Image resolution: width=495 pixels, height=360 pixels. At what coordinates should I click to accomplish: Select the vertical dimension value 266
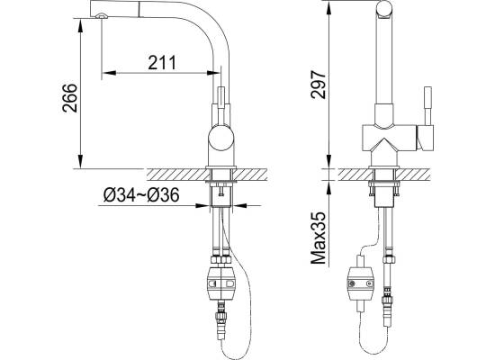pyautogui.click(x=70, y=98)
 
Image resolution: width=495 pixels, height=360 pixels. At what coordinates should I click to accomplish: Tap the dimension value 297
pyautogui.click(x=318, y=85)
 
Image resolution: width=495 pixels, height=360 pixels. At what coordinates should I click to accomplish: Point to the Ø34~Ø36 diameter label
pyautogui.click(x=141, y=194)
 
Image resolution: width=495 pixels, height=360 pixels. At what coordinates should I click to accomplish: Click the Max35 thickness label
pyautogui.click(x=319, y=238)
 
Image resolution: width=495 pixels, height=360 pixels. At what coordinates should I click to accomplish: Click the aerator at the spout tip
pyautogui.click(x=102, y=16)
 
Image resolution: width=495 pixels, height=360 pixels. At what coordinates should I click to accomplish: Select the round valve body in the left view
pyautogui.click(x=221, y=138)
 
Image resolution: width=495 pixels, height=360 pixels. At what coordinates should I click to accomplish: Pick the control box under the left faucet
pyautogui.click(x=222, y=283)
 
